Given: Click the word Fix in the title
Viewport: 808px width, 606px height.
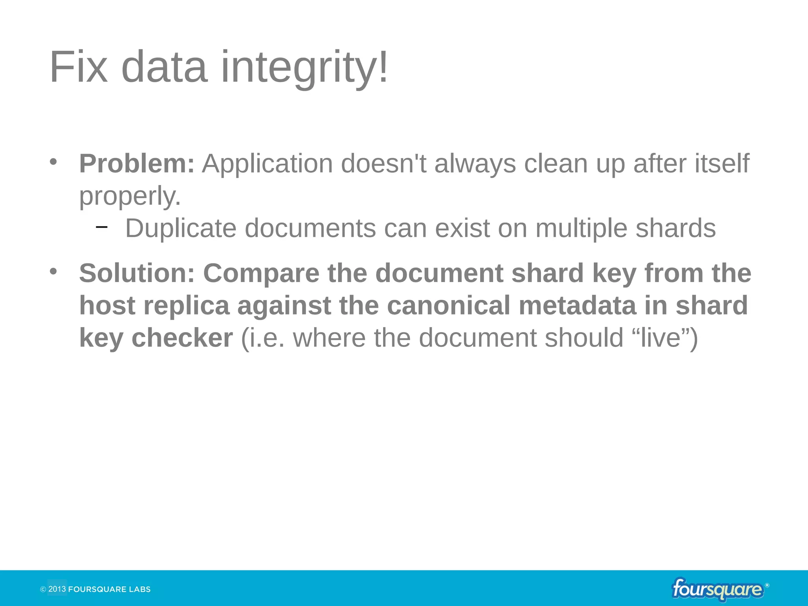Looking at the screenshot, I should coord(79,67).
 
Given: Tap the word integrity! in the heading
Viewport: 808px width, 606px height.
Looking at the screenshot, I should coord(305,68).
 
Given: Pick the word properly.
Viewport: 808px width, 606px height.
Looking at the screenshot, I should coord(130,196).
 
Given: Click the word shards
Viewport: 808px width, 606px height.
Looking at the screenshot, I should coord(675,228).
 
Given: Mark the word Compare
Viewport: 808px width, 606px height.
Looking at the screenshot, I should coord(261,273).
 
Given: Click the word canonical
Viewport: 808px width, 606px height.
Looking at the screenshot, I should coord(449,306).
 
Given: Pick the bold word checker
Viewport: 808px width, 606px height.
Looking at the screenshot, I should coord(182,338).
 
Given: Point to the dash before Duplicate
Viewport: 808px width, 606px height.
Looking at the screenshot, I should coord(102,227).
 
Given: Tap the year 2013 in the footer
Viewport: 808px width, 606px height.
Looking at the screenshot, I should coord(57,589).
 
